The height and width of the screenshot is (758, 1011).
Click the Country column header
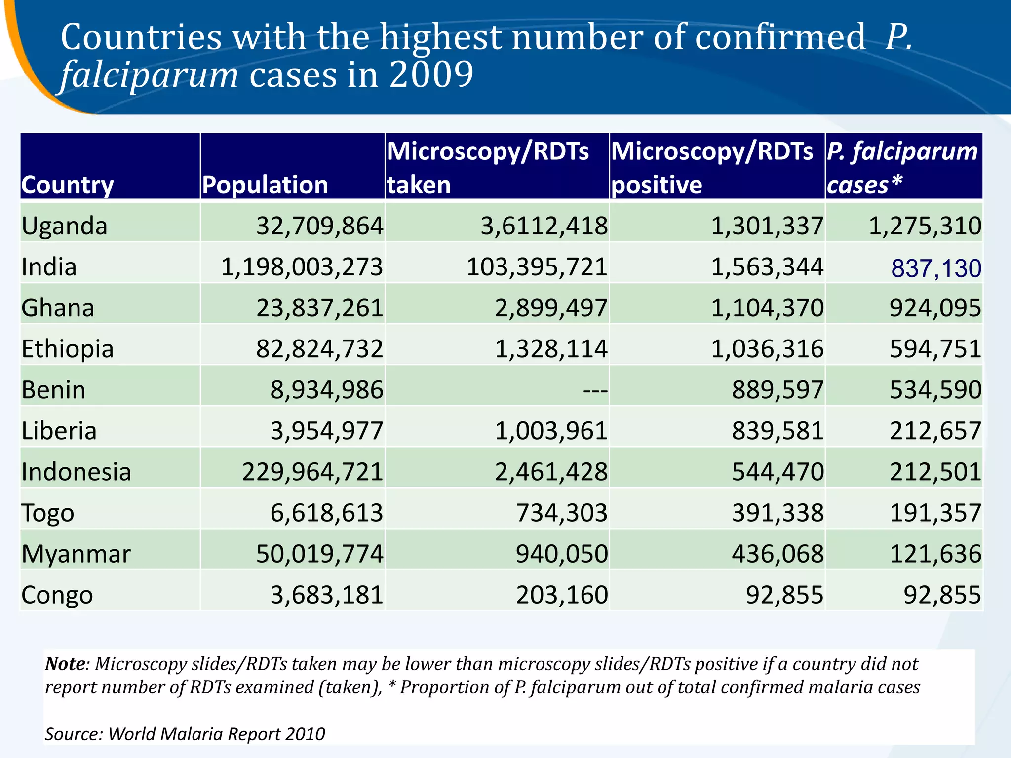pos(68,185)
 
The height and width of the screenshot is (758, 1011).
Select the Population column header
pos(265,185)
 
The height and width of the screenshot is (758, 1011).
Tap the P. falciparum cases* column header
pos(902,167)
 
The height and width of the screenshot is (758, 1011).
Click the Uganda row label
pos(65,226)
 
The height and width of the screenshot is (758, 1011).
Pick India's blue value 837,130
pos(936,268)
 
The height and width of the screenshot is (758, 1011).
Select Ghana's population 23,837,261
pos(319,308)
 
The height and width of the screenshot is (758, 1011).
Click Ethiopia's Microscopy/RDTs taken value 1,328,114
pos(551,349)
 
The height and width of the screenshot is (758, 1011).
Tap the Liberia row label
pos(59,431)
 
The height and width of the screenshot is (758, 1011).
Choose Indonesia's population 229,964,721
pos(312,472)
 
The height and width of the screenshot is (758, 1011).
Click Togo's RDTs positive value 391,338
pos(778,513)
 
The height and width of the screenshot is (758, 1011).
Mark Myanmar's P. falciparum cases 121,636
pos(935,554)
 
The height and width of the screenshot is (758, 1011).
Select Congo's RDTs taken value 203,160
pos(562,595)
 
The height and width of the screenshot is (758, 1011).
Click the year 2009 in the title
pos(431,75)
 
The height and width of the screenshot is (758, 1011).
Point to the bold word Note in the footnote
pos(65,664)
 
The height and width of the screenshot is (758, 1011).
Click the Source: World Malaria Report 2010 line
pos(185,734)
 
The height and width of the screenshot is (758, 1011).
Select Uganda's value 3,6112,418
pos(544,226)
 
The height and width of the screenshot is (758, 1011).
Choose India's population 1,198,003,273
pos(302,267)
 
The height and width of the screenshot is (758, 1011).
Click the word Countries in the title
pos(141,38)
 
